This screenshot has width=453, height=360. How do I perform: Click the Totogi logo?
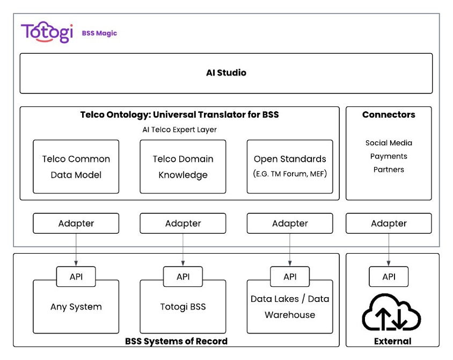click(x=47, y=32)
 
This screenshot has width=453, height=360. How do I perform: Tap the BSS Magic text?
click(x=99, y=33)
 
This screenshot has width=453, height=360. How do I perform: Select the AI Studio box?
click(x=226, y=73)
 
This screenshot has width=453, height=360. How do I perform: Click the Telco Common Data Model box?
click(x=76, y=167)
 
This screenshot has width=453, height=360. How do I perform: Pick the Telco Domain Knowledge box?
click(x=183, y=167)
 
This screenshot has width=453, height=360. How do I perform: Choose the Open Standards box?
click(x=290, y=167)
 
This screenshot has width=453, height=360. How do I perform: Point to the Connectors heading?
click(x=389, y=114)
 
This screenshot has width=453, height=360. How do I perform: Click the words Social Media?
click(x=389, y=143)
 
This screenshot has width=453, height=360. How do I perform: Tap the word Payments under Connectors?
click(x=389, y=156)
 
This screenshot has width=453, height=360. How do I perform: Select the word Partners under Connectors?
click(x=389, y=170)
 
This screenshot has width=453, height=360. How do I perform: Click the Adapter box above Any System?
click(x=76, y=224)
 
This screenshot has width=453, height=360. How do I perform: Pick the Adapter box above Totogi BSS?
click(x=183, y=224)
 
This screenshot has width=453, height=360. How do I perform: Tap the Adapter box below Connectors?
click(x=389, y=224)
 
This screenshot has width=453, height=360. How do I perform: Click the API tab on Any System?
click(x=76, y=277)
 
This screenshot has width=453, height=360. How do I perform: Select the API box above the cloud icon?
click(x=389, y=277)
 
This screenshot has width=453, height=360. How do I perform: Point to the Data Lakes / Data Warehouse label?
click(x=290, y=307)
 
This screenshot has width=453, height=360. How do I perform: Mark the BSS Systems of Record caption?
click(x=176, y=341)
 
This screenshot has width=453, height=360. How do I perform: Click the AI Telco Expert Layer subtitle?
click(x=180, y=130)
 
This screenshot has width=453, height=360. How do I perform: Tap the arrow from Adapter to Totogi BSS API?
click(x=183, y=250)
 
